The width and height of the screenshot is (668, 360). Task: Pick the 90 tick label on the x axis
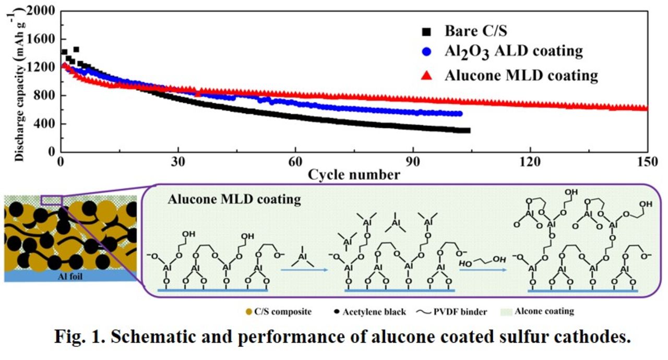coord(413,162)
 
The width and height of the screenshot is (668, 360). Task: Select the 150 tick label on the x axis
coord(647,162)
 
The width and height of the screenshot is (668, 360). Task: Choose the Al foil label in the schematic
coord(70,277)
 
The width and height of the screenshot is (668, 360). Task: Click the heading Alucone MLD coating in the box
coord(234,199)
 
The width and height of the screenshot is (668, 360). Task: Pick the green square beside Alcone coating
coord(506,312)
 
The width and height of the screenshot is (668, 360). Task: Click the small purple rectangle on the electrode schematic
coord(52,200)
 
